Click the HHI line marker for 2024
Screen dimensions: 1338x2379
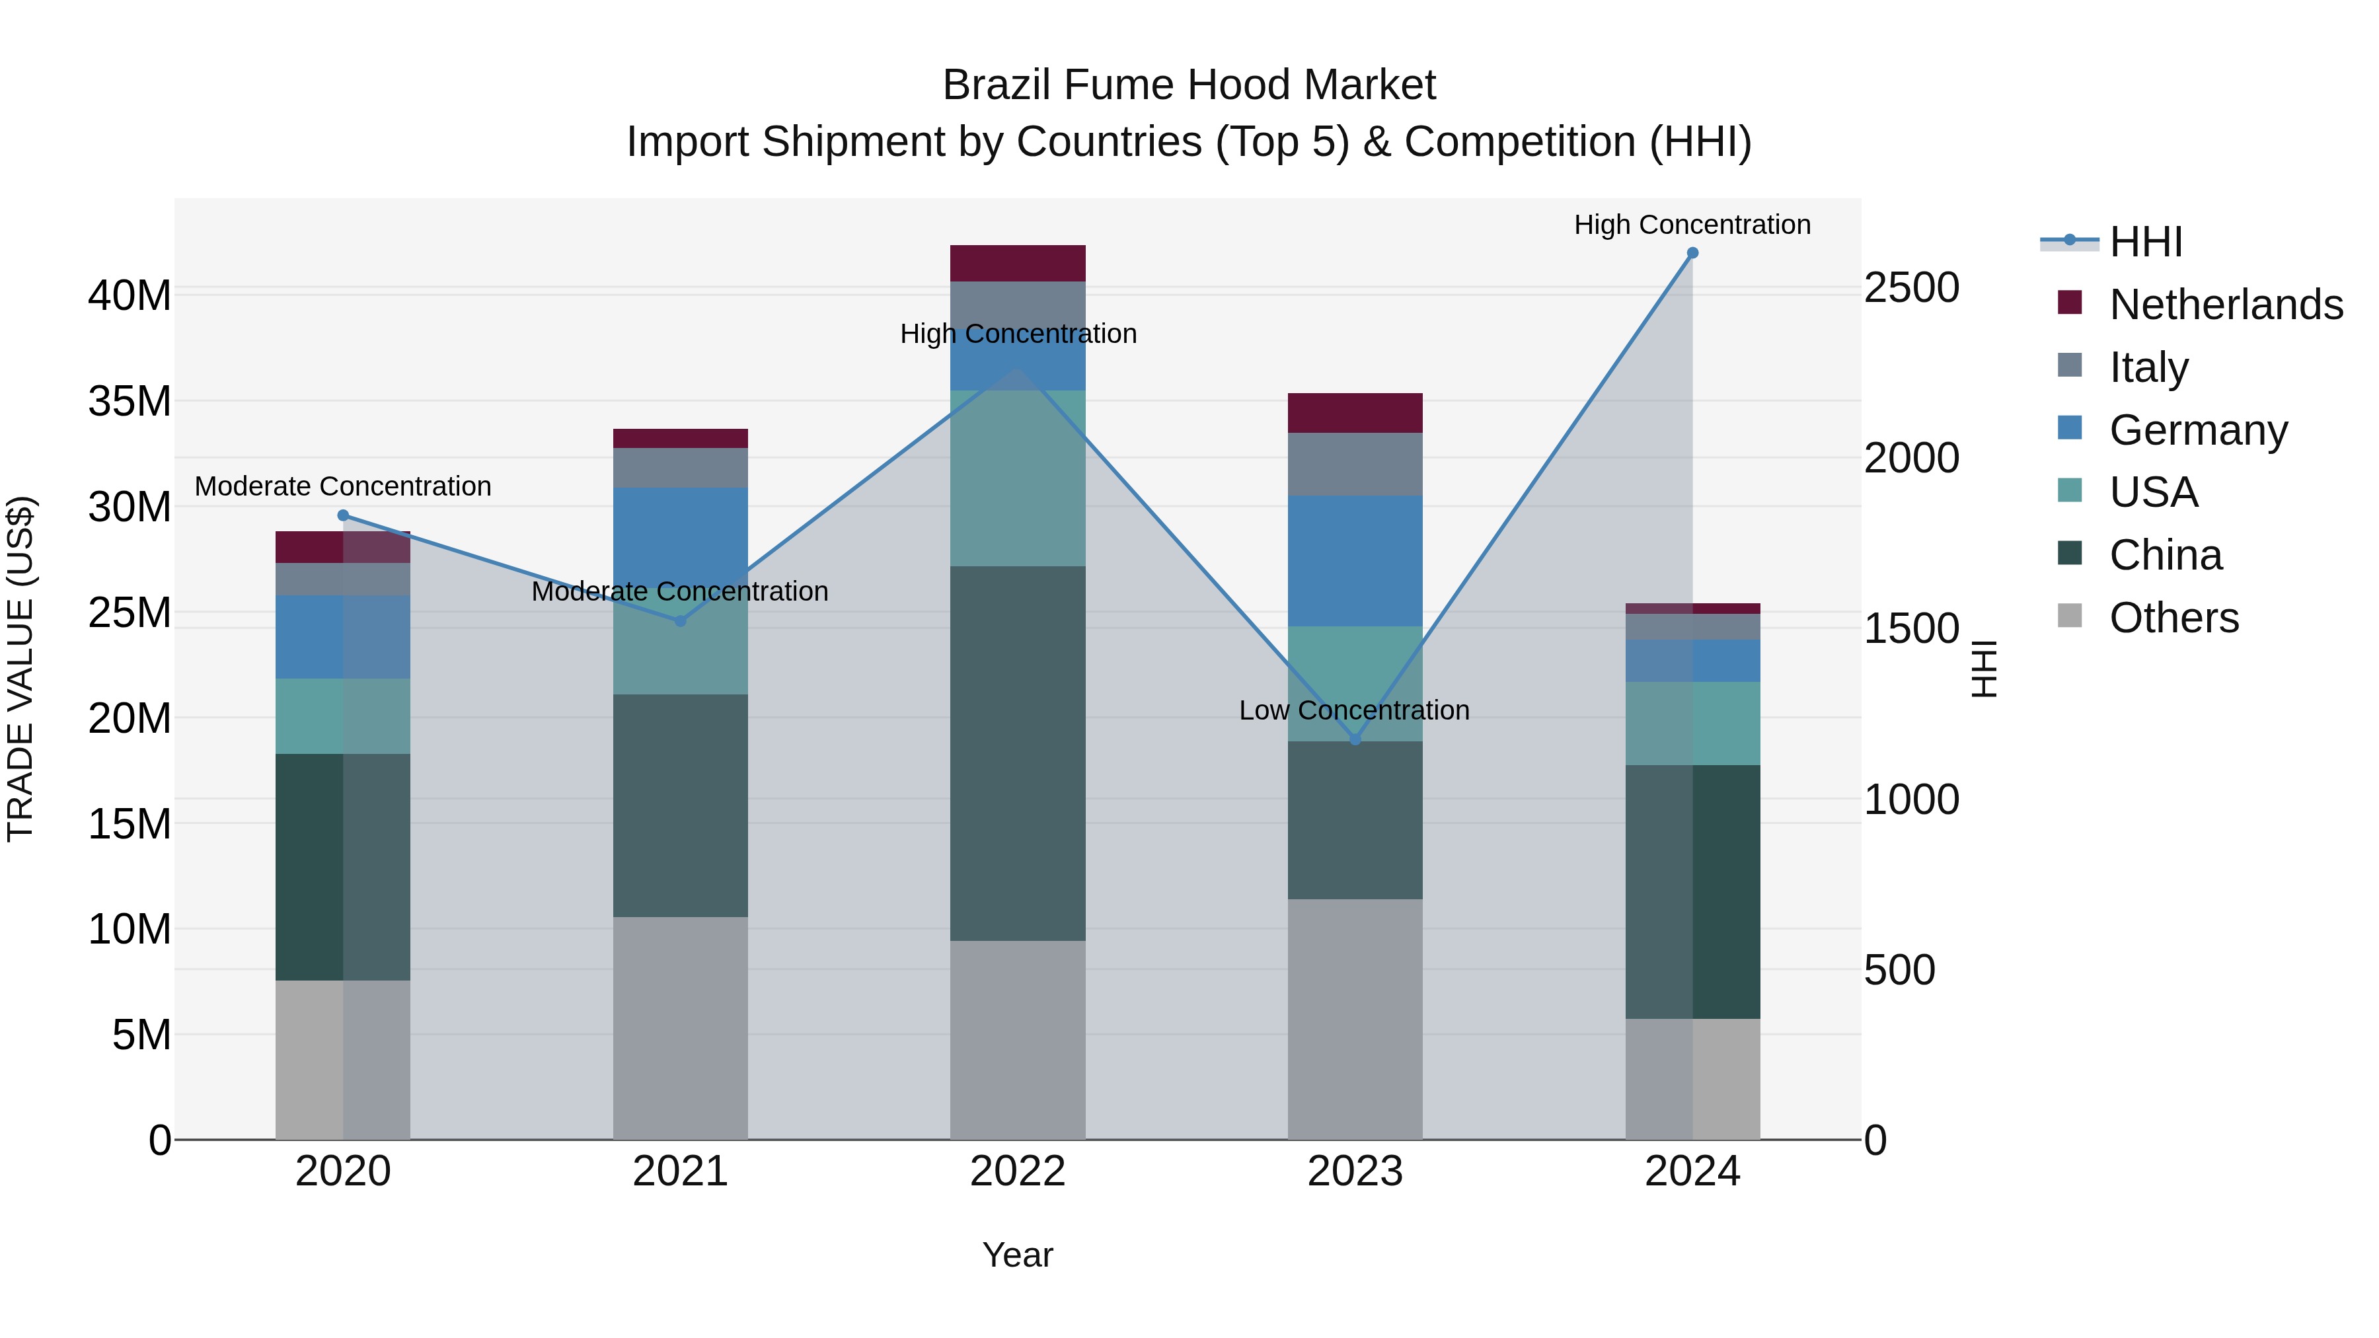point(1692,253)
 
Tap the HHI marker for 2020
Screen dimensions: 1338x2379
point(342,515)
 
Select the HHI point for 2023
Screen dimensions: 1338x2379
point(1355,739)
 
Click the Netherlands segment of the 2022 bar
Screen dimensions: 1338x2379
point(1018,263)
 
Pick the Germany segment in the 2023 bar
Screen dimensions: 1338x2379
point(1355,560)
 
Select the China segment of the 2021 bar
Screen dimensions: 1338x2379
point(681,805)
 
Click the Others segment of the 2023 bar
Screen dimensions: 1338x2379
point(1355,1018)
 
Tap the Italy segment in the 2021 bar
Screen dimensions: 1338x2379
point(681,467)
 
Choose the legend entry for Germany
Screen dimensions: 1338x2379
point(2198,430)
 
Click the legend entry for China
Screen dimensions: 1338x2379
point(2165,555)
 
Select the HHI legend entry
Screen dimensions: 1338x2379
point(2144,242)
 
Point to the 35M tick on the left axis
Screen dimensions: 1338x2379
point(130,402)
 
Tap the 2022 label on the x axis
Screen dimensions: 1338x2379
point(1018,1171)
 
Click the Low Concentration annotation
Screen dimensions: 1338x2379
point(1354,710)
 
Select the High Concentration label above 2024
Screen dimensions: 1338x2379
point(1692,225)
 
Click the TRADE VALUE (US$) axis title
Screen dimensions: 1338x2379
point(20,669)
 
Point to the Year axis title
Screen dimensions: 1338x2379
point(1018,1255)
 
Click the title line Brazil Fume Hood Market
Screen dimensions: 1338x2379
point(1189,85)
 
